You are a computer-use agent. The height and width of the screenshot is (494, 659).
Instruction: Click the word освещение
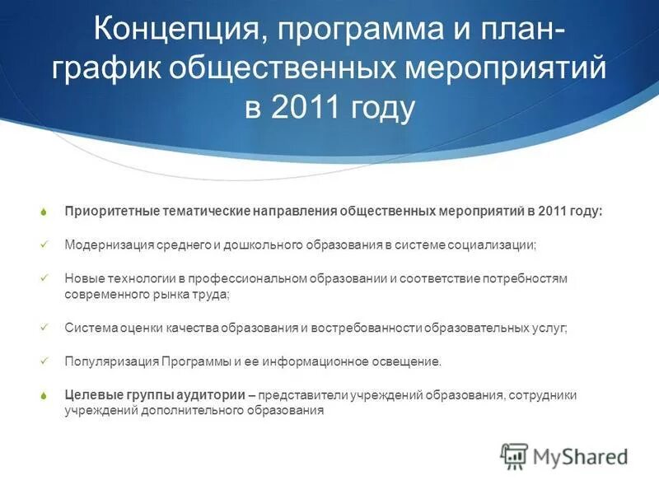coord(409,361)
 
